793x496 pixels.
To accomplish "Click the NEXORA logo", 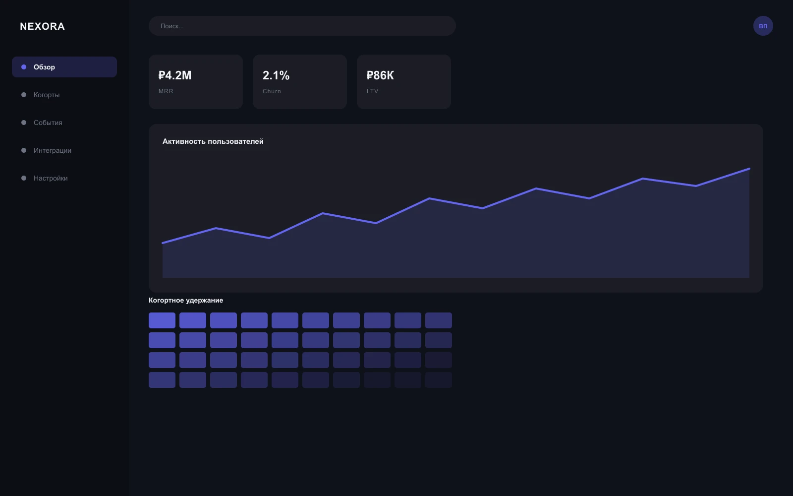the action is (42, 26).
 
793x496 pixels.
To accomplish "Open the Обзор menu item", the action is (64, 67).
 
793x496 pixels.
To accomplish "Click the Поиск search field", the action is (302, 26).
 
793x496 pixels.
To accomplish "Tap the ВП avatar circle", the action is (763, 26).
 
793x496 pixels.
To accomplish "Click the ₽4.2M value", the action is (175, 75).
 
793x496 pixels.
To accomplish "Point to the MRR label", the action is (166, 91).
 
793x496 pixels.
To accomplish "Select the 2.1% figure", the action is (276, 75).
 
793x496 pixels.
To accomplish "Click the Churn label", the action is (272, 91).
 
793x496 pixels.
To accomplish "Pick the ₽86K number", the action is (380, 75).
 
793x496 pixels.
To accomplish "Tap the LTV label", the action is (372, 91).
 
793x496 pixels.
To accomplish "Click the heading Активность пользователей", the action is (213, 141).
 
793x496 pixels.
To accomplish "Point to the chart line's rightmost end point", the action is (749, 169).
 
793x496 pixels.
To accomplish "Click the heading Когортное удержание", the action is (186, 301).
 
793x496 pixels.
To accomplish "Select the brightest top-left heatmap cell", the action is (162, 320).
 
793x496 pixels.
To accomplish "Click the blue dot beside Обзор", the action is (24, 67).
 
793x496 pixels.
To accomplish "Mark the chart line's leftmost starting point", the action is (163, 243).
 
